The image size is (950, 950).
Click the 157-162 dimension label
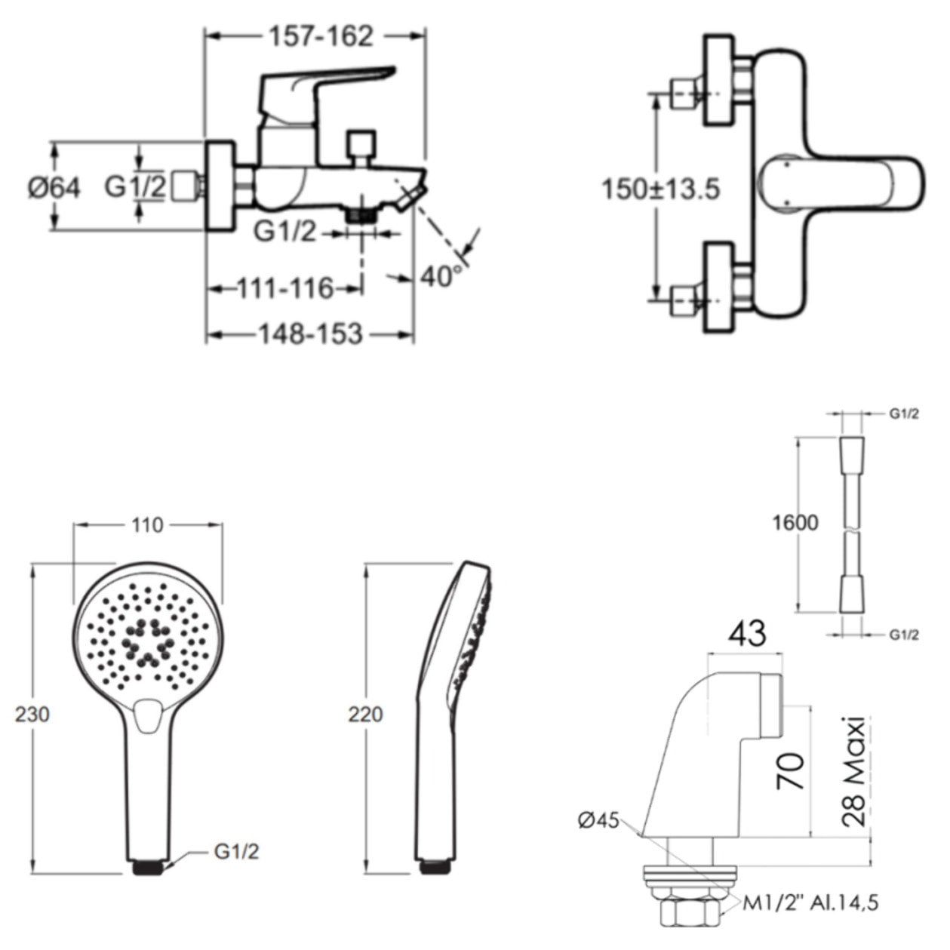(x=321, y=36)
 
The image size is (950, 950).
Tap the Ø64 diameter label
(x=54, y=188)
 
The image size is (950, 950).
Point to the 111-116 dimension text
(x=286, y=288)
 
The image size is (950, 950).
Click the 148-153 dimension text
(x=311, y=334)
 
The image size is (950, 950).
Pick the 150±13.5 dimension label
(x=660, y=189)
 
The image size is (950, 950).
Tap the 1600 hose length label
(x=795, y=523)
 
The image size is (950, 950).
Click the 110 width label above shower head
(x=147, y=525)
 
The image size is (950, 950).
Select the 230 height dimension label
(x=32, y=714)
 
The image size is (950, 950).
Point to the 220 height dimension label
(x=365, y=714)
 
